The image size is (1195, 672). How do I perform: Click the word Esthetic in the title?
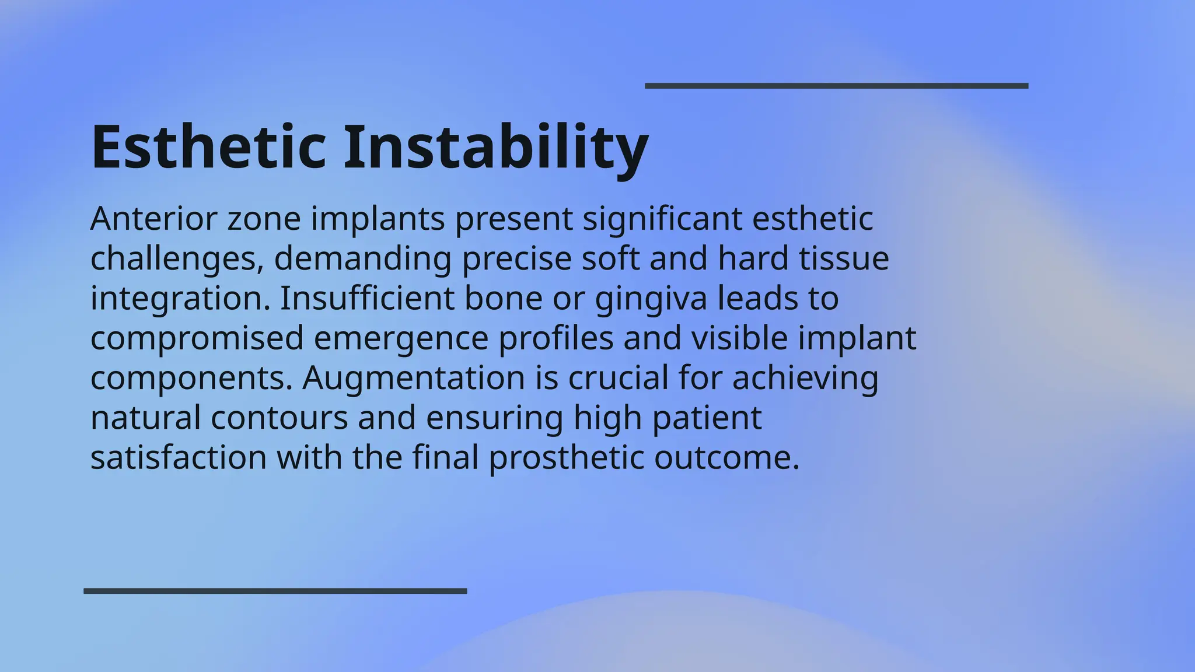[x=208, y=146]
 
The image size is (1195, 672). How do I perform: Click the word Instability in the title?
[x=495, y=146]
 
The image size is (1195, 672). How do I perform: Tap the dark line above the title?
[x=836, y=86]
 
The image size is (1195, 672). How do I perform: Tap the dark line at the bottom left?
[x=275, y=591]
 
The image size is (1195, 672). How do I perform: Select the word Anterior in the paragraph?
[x=153, y=219]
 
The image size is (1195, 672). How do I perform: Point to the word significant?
[x=662, y=219]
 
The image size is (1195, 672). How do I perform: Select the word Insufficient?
[x=367, y=298]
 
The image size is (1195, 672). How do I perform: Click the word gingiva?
[x=651, y=299]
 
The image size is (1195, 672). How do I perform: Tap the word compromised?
[x=197, y=338]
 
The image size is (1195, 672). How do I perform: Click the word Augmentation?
[x=414, y=378]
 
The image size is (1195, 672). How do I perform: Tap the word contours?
[x=279, y=418]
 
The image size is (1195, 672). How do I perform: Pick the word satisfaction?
[x=179, y=457]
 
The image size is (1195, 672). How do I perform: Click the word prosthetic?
[x=567, y=457]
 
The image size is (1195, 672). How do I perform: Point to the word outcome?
[x=726, y=457]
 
